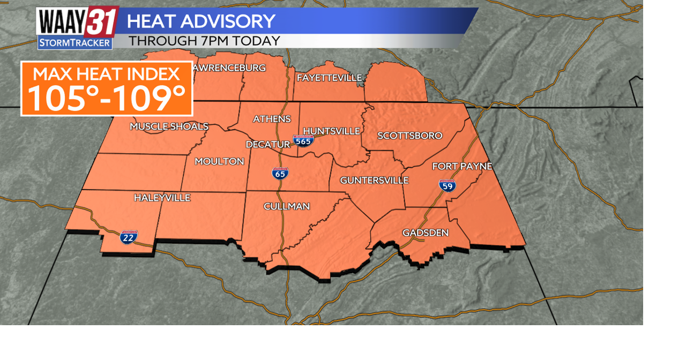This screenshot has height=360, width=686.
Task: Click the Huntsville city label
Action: [331, 131]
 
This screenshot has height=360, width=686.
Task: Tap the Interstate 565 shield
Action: [303, 141]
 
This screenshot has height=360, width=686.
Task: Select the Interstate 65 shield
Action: [280, 173]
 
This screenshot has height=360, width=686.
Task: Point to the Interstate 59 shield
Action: [448, 186]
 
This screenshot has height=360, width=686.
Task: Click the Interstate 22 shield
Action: [129, 237]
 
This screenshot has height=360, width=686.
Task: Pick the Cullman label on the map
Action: [287, 206]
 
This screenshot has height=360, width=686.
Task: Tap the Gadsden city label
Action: [426, 232]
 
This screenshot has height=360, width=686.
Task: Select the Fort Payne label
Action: [462, 167]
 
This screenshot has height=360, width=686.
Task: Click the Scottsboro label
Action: [410, 136]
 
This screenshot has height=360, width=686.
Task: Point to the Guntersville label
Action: [374, 181]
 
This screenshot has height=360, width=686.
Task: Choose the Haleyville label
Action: [162, 198]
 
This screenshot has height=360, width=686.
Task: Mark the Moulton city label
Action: [219, 161]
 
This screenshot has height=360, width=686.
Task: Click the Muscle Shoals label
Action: [169, 126]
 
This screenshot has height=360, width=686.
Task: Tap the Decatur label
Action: [267, 145]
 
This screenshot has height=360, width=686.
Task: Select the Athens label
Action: [272, 119]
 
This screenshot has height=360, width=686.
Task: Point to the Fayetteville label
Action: [329, 78]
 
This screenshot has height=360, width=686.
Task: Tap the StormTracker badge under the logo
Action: [75, 43]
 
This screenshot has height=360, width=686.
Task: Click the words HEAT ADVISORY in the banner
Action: [201, 21]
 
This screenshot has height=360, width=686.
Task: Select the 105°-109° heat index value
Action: [106, 97]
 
